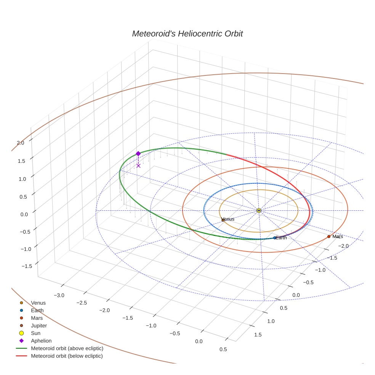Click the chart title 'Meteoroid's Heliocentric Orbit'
tap(187, 34)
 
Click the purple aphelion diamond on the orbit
tap(138, 154)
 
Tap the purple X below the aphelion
tap(138, 165)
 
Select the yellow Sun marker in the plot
tap(259, 210)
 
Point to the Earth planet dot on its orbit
tap(275, 238)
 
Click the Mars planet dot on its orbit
tap(329, 237)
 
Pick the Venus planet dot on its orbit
tap(223, 220)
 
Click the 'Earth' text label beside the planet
tap(282, 238)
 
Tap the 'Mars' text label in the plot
tap(338, 237)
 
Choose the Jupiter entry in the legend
tap(39, 325)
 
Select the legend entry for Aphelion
tap(41, 341)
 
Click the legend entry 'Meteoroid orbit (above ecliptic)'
tap(67, 348)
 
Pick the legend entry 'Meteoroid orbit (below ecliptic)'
tap(67, 356)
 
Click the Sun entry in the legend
tap(35, 333)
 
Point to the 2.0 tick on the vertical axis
tap(20, 143)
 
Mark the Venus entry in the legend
tap(38, 303)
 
